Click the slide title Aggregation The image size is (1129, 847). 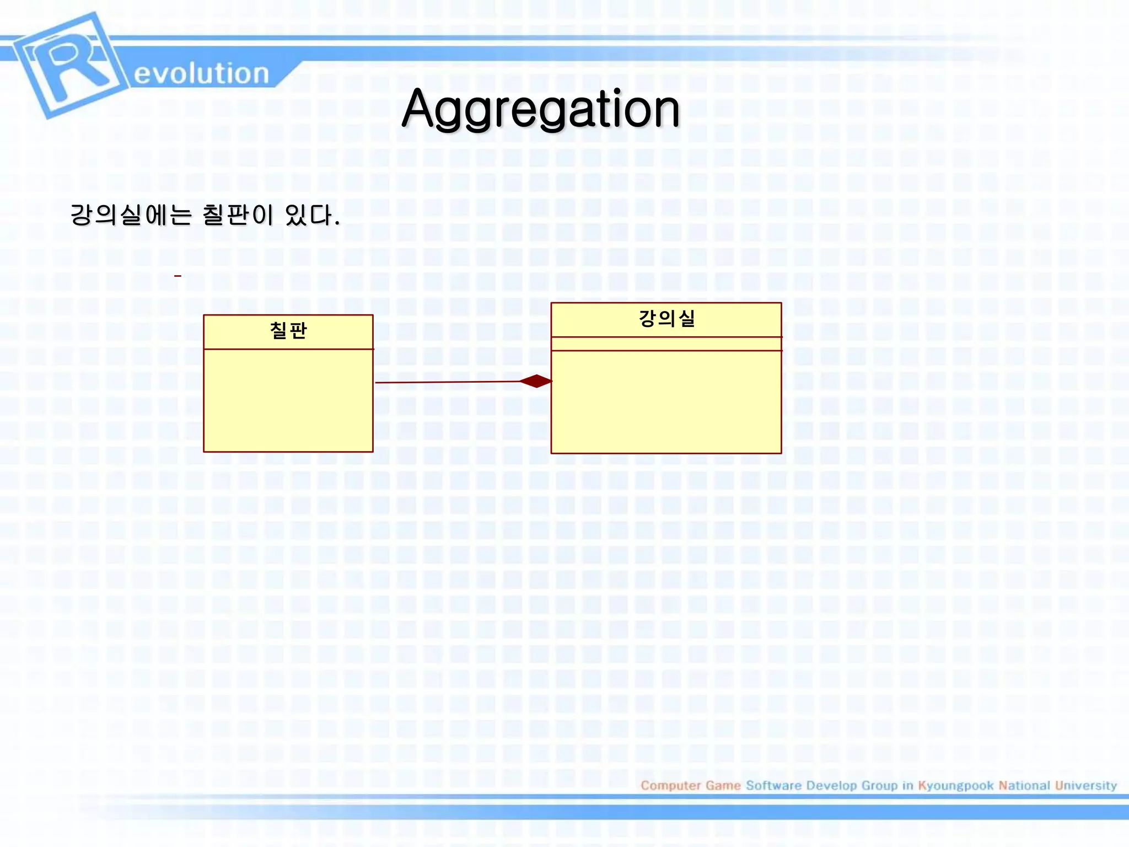(x=541, y=109)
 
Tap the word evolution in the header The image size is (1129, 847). (x=201, y=73)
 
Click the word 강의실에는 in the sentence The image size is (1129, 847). (x=131, y=215)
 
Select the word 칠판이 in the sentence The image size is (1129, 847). (x=238, y=215)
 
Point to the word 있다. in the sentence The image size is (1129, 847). (x=312, y=215)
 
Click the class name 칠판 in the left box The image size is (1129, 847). (x=288, y=331)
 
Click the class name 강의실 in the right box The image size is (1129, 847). (x=666, y=319)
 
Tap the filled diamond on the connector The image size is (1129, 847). (x=536, y=381)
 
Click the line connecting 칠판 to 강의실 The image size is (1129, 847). (x=447, y=382)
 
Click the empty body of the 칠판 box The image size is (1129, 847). (x=288, y=400)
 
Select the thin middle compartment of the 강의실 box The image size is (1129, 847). (x=666, y=344)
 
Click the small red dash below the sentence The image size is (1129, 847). (x=178, y=276)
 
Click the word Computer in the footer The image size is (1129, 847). (x=670, y=785)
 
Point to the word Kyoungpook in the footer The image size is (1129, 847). (x=955, y=785)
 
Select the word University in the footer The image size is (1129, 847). (x=1085, y=785)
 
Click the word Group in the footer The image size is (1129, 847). (x=879, y=785)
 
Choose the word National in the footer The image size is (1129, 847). (x=1024, y=785)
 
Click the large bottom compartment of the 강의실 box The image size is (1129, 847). (x=666, y=403)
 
